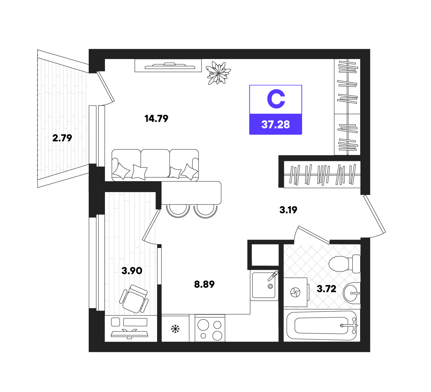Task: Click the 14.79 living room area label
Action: pos(156,118)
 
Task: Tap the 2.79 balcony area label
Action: pos(62,138)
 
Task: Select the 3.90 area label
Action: pos(132,270)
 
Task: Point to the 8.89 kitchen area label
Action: pos(204,284)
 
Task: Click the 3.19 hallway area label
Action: pos(288,210)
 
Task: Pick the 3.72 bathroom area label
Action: pos(326,289)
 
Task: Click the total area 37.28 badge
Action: pos(275,124)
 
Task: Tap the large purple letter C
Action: pos(276,99)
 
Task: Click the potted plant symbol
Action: pos(218,73)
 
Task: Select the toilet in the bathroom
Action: pos(344,264)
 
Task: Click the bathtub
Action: pos(322,325)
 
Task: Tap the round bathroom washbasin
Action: pos(351,293)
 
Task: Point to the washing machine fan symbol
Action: pos(295,292)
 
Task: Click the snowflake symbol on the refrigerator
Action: pos(175,329)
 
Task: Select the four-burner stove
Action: pos(210,328)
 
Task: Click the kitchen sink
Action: pos(264,285)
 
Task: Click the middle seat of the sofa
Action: pos(155,163)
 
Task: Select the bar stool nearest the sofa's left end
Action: pos(178,211)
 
